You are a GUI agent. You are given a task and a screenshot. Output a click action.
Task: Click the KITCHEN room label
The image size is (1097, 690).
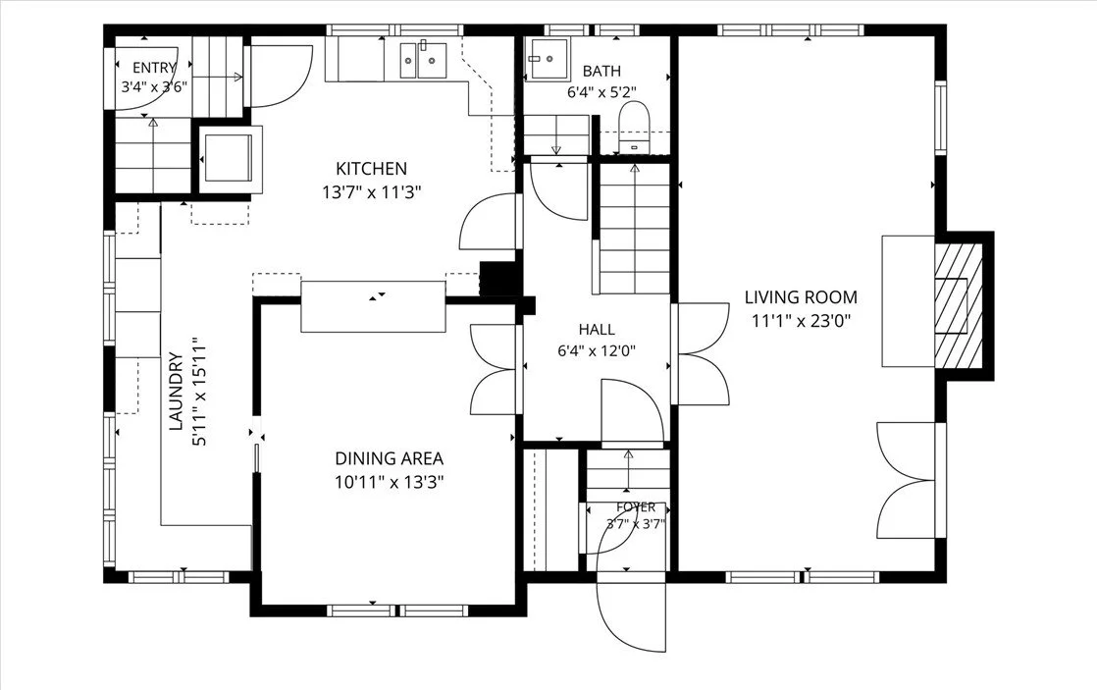[372, 169]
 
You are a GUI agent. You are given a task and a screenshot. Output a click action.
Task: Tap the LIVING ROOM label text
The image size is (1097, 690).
[801, 297]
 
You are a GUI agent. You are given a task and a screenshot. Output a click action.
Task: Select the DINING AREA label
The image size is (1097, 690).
[389, 459]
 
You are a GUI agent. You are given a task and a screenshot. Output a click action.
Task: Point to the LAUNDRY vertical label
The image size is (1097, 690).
[177, 392]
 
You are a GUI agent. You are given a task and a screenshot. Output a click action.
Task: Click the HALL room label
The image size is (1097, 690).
[597, 330]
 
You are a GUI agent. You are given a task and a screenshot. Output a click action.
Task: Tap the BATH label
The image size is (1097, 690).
[601, 71]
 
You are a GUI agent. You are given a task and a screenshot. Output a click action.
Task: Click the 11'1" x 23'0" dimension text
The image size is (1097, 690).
[801, 321]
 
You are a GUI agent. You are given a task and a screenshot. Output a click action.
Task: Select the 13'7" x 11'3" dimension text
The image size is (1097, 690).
[372, 191]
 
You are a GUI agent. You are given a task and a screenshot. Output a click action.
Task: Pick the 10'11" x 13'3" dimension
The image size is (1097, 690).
[389, 482]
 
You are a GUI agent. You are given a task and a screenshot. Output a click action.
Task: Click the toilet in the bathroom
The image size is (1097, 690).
[635, 127]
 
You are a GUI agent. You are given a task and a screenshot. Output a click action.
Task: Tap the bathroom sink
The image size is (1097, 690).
[548, 60]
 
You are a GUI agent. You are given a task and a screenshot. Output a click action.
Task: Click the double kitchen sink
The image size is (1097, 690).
[423, 60]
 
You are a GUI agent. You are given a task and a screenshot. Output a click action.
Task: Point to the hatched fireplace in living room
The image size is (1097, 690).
[960, 306]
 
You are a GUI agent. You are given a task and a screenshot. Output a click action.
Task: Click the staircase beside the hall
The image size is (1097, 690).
[634, 228]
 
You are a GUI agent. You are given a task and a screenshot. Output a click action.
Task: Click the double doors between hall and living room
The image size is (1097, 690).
[701, 353]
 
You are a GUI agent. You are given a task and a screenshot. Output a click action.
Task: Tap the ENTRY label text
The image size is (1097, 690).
[154, 68]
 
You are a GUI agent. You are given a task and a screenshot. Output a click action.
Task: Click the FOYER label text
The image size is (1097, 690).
[636, 506]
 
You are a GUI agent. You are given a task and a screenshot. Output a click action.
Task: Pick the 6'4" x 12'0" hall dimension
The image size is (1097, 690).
[597, 351]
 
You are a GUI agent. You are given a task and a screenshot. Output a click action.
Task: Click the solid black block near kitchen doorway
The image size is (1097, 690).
[498, 279]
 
